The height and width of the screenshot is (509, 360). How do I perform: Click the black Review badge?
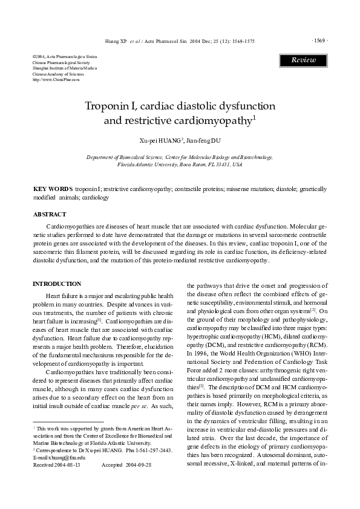(x=303, y=60)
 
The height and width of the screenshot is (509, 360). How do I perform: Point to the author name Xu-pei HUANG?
(x=161, y=140)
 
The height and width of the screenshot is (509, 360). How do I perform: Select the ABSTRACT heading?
(x=50, y=215)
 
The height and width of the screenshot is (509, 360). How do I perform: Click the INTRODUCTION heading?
(x=56, y=284)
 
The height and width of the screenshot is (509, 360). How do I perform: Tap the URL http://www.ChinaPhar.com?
(x=56, y=80)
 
